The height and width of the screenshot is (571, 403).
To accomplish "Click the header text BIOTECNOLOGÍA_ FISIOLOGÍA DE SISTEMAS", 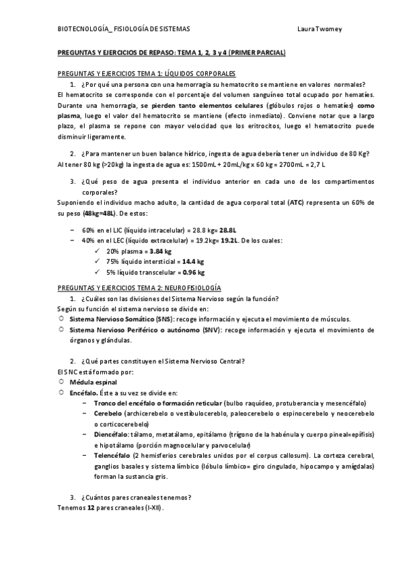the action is pyautogui.click(x=124, y=30).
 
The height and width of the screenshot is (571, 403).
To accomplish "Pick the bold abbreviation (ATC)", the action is pyautogui.click(x=295, y=202).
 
